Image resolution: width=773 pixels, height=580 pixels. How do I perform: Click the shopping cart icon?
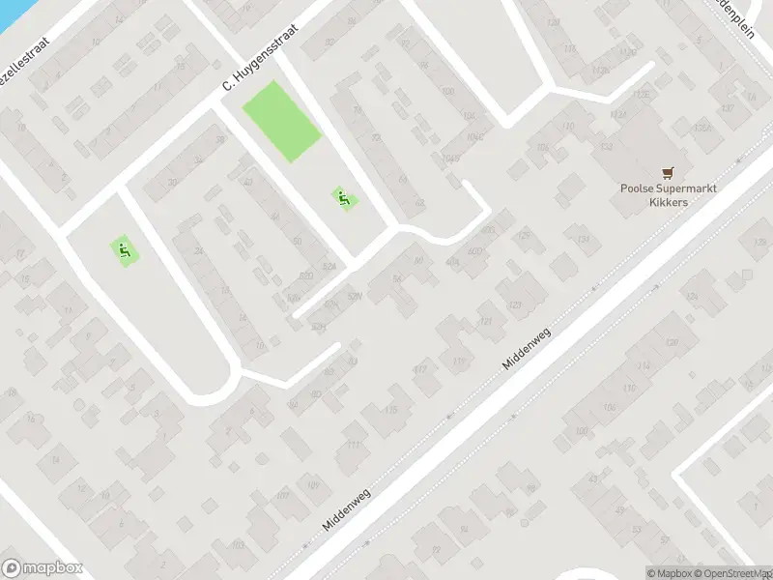point(665,171)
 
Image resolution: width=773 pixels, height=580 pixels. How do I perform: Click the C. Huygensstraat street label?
point(260,58)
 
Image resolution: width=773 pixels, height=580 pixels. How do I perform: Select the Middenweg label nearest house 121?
point(527,350)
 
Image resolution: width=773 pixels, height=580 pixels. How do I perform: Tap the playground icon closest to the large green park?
point(342,199)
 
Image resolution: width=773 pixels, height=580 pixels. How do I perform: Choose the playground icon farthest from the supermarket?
point(123,251)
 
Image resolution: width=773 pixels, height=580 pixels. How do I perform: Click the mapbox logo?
point(43,568)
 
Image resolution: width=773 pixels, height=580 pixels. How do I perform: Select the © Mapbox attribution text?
point(670,573)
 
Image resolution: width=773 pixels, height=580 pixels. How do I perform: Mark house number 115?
point(390,410)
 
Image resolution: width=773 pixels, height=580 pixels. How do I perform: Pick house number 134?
point(583,240)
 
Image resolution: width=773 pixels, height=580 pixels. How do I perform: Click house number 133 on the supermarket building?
point(606,147)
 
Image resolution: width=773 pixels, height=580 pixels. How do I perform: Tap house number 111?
point(354,445)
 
